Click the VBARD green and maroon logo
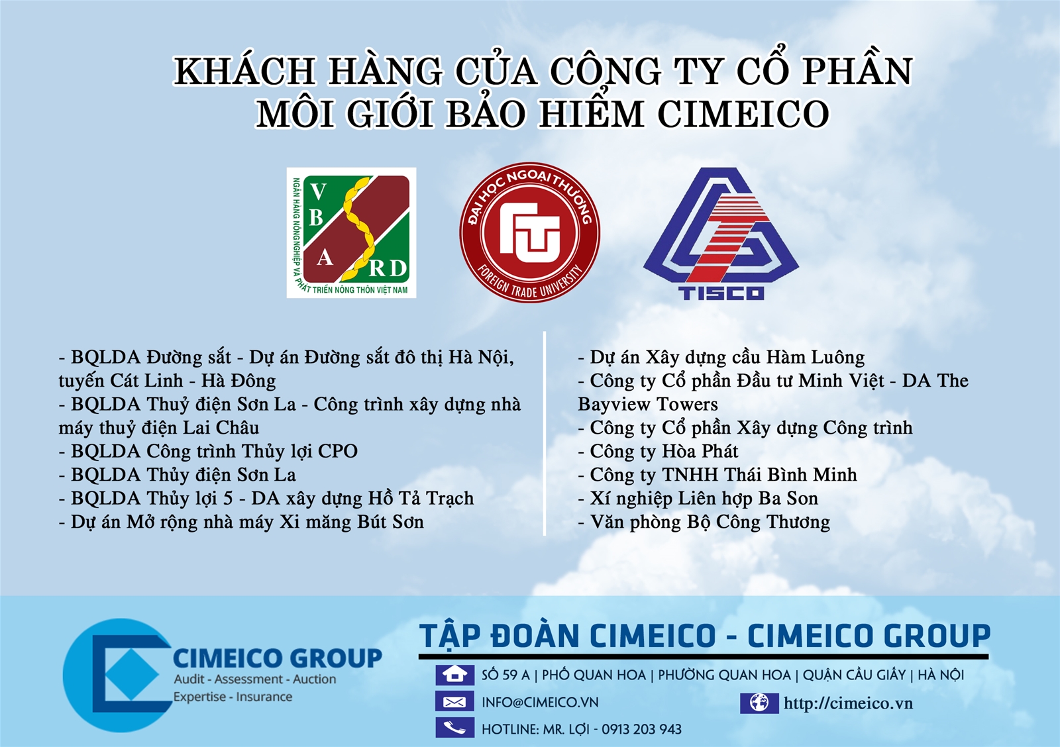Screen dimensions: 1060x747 351,232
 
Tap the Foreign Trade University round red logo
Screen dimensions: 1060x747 530,232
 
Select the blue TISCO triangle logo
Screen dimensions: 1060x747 721,234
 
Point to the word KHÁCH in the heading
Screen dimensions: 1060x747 244,71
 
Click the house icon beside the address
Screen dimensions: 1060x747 454,675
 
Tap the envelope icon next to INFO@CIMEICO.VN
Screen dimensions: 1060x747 454,702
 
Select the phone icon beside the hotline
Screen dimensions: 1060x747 454,728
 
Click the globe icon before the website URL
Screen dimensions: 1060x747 759,703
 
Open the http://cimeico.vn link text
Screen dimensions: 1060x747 848,703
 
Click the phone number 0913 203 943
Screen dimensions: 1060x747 641,730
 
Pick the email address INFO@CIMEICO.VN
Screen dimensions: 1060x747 540,703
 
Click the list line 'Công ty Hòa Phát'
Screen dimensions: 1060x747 658,452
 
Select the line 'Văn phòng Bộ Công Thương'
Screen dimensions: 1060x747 704,523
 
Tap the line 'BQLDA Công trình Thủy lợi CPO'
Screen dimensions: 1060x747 208,452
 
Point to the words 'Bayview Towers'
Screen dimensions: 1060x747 648,405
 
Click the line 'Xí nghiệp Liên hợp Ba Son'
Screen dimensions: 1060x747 698,499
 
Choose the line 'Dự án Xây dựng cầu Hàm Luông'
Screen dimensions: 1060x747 721,358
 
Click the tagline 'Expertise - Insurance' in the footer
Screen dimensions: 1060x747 233,697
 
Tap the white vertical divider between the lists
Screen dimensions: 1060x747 545,433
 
